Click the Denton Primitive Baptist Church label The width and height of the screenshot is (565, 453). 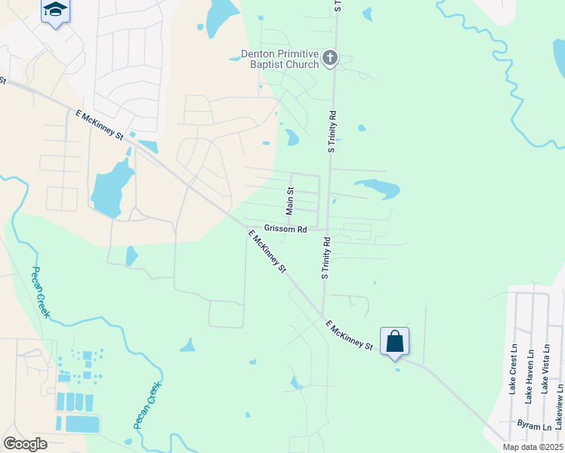(279, 59)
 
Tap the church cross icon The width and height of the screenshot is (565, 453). (329, 58)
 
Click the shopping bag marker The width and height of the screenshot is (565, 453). (394, 341)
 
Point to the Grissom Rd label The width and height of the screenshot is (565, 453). (285, 229)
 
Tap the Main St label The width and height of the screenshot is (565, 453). (289, 201)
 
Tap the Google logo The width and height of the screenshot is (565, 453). (25, 444)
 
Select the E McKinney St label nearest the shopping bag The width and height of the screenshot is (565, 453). (350, 335)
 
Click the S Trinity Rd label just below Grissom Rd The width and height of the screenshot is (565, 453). (326, 259)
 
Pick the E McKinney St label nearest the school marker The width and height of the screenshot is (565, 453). (100, 124)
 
